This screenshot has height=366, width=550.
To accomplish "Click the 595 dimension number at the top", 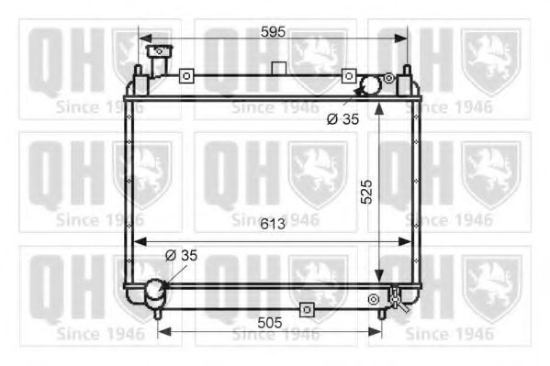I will click(273, 31).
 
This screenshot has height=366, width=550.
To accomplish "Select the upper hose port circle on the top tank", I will click(370, 86).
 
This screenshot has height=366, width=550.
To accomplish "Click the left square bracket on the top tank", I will click(186, 75).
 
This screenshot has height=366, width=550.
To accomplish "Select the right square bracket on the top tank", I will click(348, 75).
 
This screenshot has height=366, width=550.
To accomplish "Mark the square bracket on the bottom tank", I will click(307, 309).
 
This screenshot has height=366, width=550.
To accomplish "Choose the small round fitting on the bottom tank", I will click(373, 299).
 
